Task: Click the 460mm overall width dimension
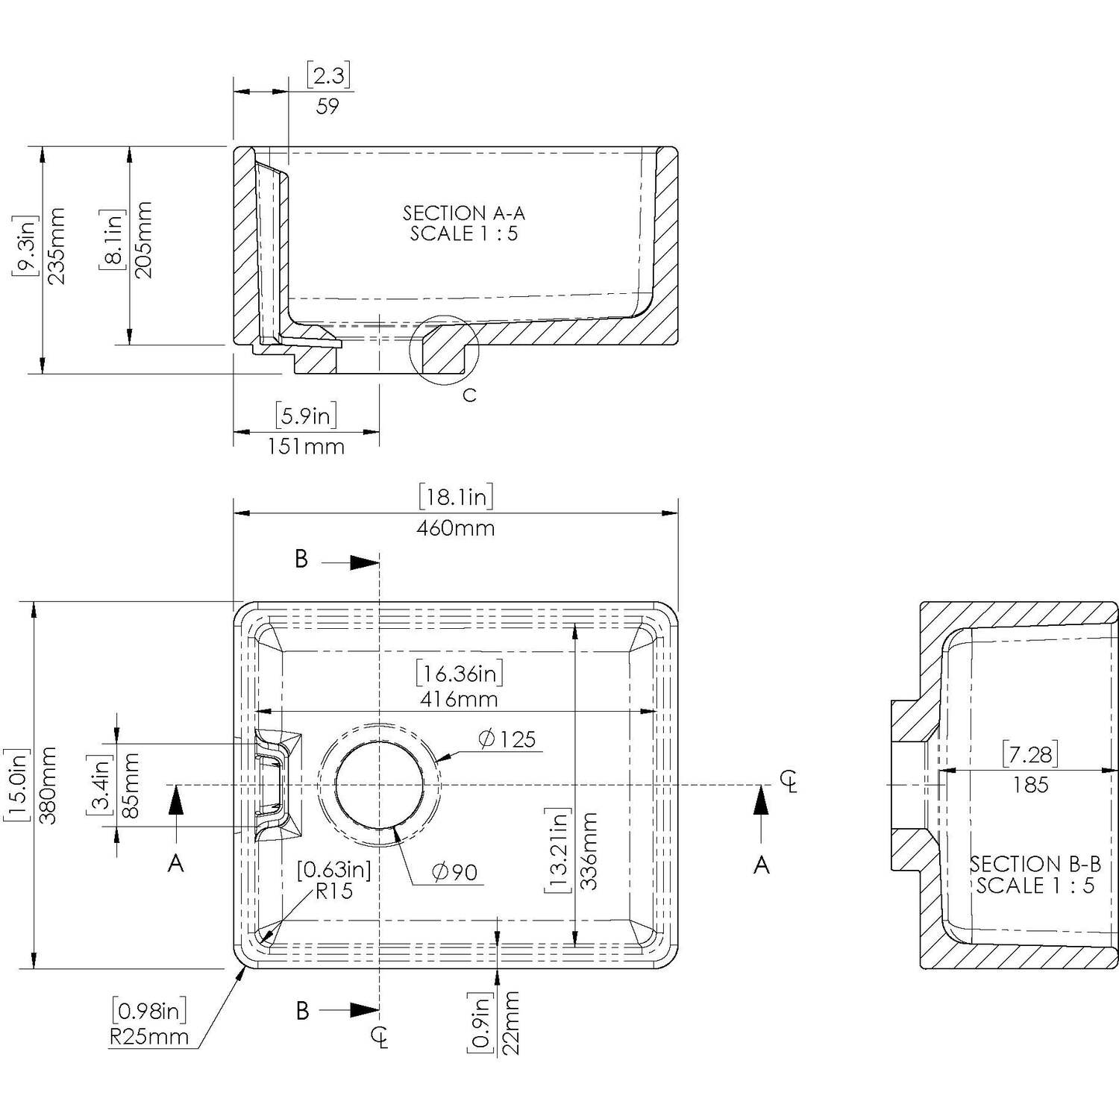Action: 456,528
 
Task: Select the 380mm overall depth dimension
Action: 47,785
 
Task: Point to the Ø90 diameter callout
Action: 455,871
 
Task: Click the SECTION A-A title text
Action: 464,213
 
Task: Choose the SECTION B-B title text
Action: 1035,865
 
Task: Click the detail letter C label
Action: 469,395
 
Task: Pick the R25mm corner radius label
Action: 149,1037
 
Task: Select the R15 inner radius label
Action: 334,891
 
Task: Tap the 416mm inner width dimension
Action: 459,700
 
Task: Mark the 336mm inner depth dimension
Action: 589,850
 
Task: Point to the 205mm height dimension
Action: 144,240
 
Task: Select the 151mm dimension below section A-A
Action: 307,447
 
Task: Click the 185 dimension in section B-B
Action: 1031,785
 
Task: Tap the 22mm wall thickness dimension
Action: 510,1023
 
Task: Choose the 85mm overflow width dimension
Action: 130,786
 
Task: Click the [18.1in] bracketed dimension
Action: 456,497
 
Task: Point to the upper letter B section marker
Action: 301,559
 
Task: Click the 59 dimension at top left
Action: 327,107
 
